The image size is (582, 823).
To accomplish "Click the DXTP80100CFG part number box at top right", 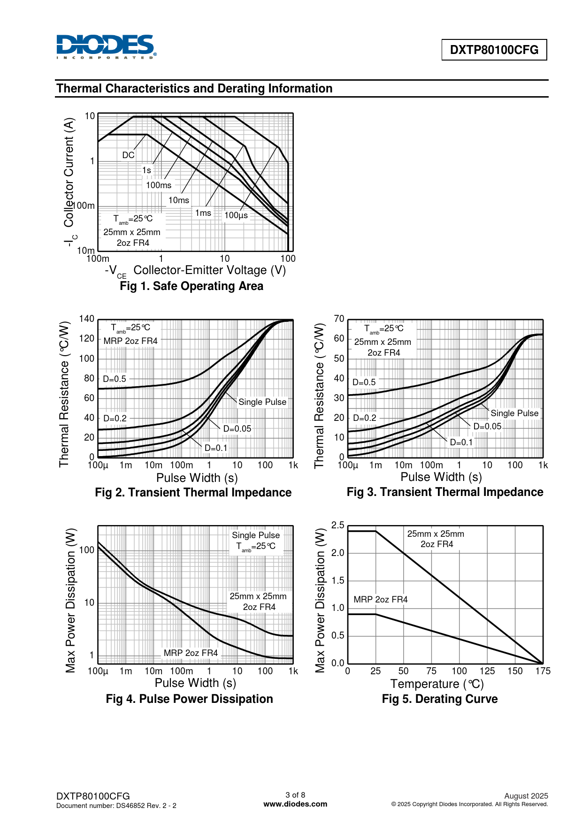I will pyautogui.click(x=494, y=50).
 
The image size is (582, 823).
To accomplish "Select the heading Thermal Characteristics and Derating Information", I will pyautogui.click(x=194, y=88).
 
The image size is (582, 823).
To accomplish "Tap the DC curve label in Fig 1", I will pyautogui.click(x=128, y=155).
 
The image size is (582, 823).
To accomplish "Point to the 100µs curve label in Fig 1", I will pyautogui.click(x=236, y=215).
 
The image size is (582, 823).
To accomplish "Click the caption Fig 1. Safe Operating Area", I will pyautogui.click(x=191, y=286).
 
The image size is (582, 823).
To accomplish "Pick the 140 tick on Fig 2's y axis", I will pyautogui.click(x=86, y=319).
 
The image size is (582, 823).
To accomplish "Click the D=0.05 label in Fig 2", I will pyautogui.click(x=237, y=428).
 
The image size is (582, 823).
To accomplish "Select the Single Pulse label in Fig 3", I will pyautogui.click(x=514, y=413).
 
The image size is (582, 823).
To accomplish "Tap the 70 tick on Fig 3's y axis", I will pyautogui.click(x=339, y=319).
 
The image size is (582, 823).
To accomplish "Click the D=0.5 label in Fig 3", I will pyautogui.click(x=364, y=382).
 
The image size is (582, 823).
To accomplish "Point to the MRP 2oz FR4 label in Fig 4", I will pyautogui.click(x=191, y=653).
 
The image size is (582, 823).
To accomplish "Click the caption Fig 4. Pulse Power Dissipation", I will pyautogui.click(x=189, y=699).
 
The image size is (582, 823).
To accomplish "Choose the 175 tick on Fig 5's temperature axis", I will pyautogui.click(x=543, y=671).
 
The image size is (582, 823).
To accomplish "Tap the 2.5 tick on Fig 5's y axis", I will pyautogui.click(x=337, y=526).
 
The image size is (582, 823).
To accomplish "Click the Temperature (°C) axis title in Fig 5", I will pyautogui.click(x=437, y=684).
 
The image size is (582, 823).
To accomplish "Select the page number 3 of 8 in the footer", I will pyautogui.click(x=295, y=795).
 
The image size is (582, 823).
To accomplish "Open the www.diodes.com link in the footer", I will pyautogui.click(x=295, y=804).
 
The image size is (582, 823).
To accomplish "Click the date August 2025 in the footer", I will pyautogui.click(x=526, y=796).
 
